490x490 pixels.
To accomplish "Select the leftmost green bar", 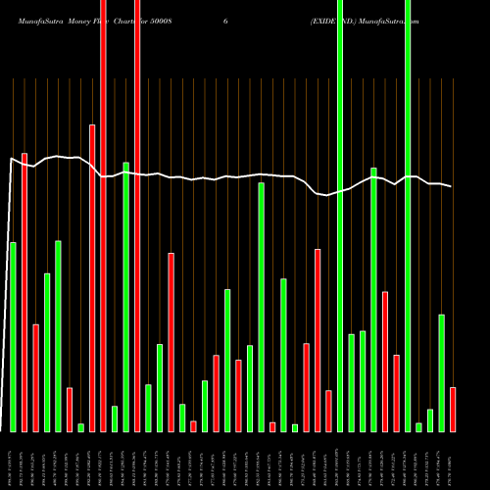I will (x=13, y=336).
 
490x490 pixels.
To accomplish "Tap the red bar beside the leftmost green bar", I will (x=24, y=292).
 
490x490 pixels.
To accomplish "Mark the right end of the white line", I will (x=452, y=186).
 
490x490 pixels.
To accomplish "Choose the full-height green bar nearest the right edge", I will (x=408, y=216).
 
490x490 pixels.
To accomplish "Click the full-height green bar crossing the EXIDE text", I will (x=340, y=216).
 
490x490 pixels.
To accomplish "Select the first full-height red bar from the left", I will (x=103, y=216).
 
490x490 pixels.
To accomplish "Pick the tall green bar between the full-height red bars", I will (x=125, y=296).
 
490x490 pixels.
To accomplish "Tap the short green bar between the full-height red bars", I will (x=115, y=418).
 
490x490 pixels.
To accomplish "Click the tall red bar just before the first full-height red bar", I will (x=92, y=277).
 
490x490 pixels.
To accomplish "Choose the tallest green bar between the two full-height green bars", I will (x=373, y=299).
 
